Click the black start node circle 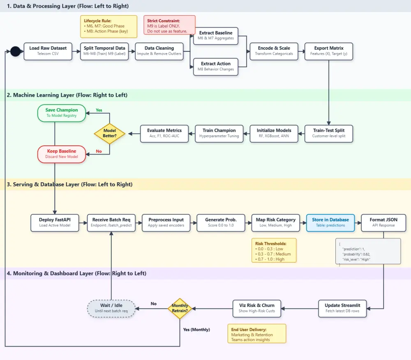pyautogui.click(x=16, y=51)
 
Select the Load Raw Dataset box pyautogui.click(x=48, y=51)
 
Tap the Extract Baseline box pyautogui.click(x=216, y=36)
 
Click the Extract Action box pyautogui.click(x=216, y=67)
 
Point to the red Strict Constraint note pyautogui.click(x=169, y=25)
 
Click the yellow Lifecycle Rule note pyautogui.click(x=109, y=26)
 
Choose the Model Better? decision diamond pyautogui.click(x=110, y=134)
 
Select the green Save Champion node pyautogui.click(x=62, y=113)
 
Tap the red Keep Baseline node pyautogui.click(x=62, y=154)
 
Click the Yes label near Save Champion pyautogui.click(x=99, y=110)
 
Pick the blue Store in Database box pyautogui.click(x=330, y=223)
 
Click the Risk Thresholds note pyautogui.click(x=274, y=250)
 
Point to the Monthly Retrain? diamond pyautogui.click(x=180, y=309)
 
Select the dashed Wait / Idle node pyautogui.click(x=111, y=309)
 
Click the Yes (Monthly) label pyautogui.click(x=196, y=330)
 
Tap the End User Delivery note pyautogui.click(x=257, y=334)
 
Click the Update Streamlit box pyautogui.click(x=342, y=309)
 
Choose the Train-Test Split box pyautogui.click(x=329, y=134)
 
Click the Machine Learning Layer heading pyautogui.click(x=67, y=95)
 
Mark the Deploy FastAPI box pyautogui.click(x=55, y=223)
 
